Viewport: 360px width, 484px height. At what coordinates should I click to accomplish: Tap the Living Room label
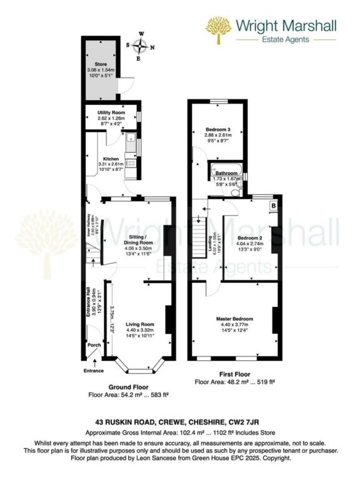pyautogui.click(x=140, y=325)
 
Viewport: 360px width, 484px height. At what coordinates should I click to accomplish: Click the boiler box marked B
pyautogui.click(x=273, y=205)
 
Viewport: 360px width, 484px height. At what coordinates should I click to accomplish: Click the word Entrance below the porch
pyautogui.click(x=94, y=371)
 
